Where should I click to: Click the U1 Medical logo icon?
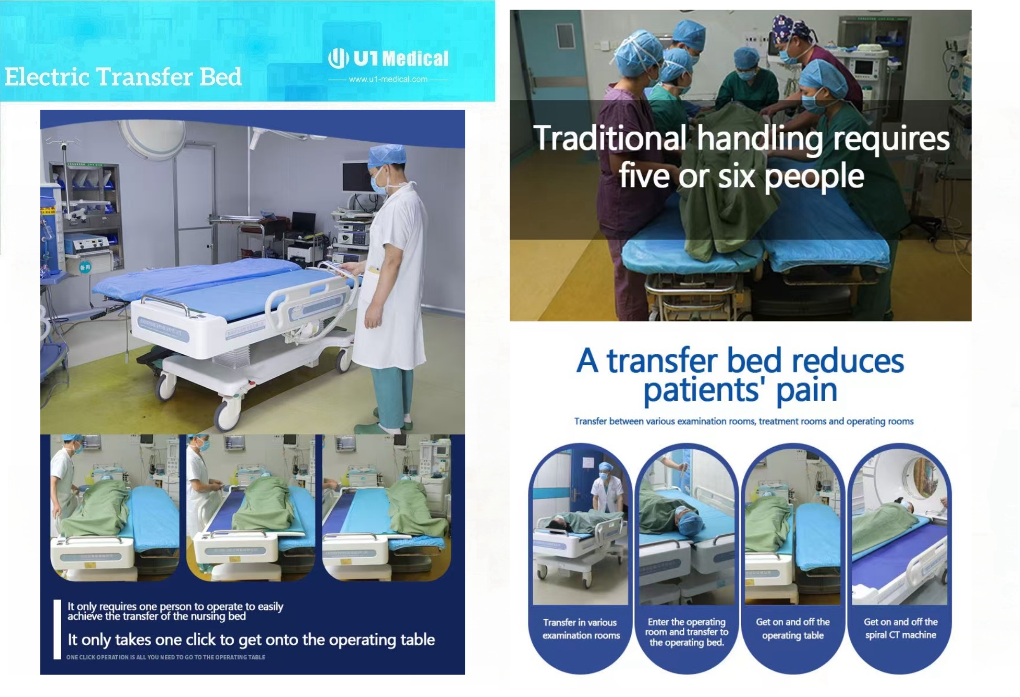tap(338, 58)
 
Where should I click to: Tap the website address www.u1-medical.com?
tap(388, 79)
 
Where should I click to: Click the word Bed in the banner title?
tap(220, 77)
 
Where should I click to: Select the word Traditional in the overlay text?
tap(610, 138)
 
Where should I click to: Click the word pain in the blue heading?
tap(807, 390)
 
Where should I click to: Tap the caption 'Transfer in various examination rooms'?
tap(581, 629)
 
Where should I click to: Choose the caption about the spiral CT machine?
tap(900, 628)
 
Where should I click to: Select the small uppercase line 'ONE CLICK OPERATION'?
tap(166, 657)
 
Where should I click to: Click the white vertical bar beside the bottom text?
tap(57, 629)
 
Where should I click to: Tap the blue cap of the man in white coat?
tap(386, 156)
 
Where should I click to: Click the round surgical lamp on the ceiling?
tap(151, 137)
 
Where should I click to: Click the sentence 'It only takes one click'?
tap(251, 640)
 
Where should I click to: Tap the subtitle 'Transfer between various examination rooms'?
tap(744, 421)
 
